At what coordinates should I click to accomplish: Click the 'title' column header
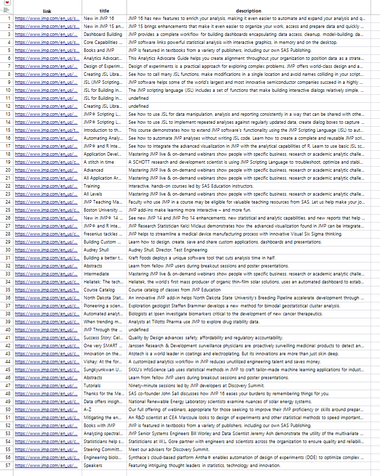(x=104, y=10)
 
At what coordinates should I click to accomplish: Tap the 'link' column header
(x=47, y=10)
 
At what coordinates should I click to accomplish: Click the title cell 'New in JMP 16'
(x=99, y=18)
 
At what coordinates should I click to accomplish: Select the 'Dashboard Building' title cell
(x=103, y=34)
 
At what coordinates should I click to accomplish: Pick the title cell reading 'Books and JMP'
(x=99, y=50)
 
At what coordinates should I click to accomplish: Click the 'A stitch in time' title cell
(x=99, y=162)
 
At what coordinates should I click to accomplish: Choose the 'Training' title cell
(x=92, y=186)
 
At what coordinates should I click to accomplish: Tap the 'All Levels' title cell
(x=93, y=194)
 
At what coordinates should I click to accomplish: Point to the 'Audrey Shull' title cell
(x=96, y=250)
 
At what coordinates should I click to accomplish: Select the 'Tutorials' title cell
(x=93, y=386)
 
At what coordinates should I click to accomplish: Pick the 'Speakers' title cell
(x=93, y=466)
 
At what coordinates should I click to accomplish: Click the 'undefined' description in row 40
(x=138, y=330)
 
